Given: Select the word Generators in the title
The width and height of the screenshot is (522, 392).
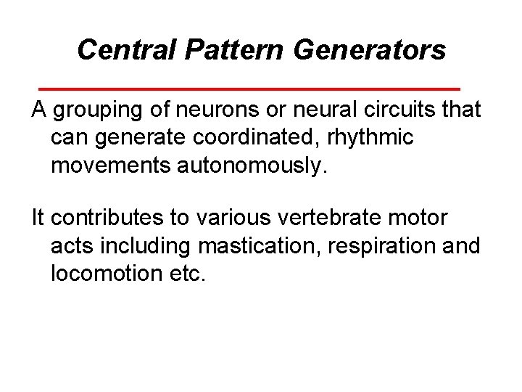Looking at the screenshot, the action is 376,50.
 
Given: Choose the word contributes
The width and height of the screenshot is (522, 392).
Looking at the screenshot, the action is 104,219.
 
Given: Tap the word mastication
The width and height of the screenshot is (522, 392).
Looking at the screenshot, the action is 258,246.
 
